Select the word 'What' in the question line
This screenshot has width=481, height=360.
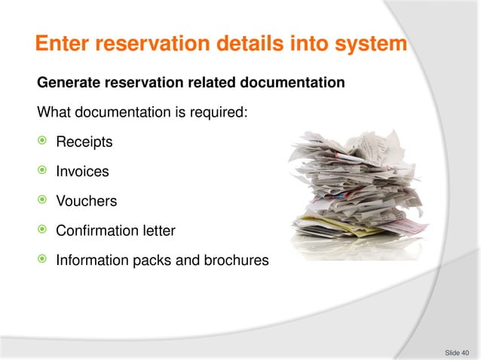click(x=54, y=113)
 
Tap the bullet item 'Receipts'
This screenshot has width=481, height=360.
click(x=83, y=142)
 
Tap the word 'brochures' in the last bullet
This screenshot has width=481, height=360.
click(x=235, y=261)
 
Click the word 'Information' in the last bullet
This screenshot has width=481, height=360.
click(x=91, y=261)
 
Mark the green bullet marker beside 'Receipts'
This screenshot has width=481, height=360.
click(x=42, y=142)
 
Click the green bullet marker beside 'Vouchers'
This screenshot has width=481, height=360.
click(x=42, y=200)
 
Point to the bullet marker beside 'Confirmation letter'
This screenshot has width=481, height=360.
click(x=42, y=230)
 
